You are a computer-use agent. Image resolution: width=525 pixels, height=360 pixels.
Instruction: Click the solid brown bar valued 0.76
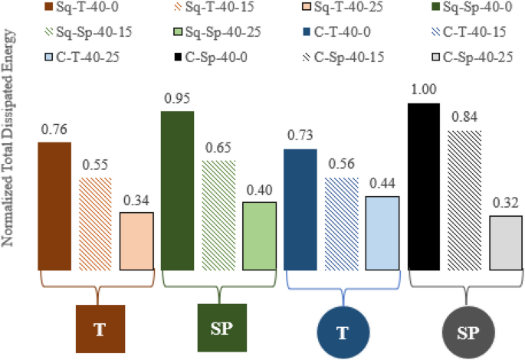tap(54, 206)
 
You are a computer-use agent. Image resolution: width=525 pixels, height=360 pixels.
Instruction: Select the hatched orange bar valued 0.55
tap(96, 224)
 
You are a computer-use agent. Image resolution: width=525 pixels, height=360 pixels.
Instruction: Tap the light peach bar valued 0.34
tap(136, 241)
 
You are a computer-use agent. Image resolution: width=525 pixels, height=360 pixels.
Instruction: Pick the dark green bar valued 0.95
tap(177, 191)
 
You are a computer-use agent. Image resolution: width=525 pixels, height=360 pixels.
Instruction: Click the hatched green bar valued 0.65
tap(218, 215)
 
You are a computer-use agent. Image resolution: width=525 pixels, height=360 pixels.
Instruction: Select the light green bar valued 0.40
tap(259, 236)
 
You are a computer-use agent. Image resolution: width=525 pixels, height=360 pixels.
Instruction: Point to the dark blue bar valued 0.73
tap(300, 209)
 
